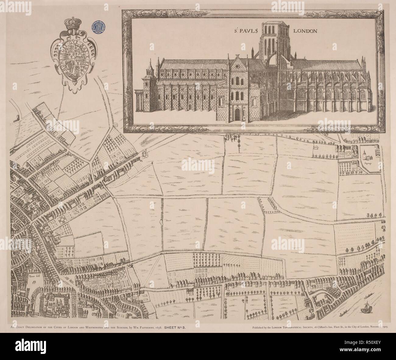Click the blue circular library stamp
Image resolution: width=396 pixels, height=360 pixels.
point(97,26)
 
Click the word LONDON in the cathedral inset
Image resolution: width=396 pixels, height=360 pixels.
point(305,31)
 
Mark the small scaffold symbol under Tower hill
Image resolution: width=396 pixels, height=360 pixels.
point(34,282)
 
